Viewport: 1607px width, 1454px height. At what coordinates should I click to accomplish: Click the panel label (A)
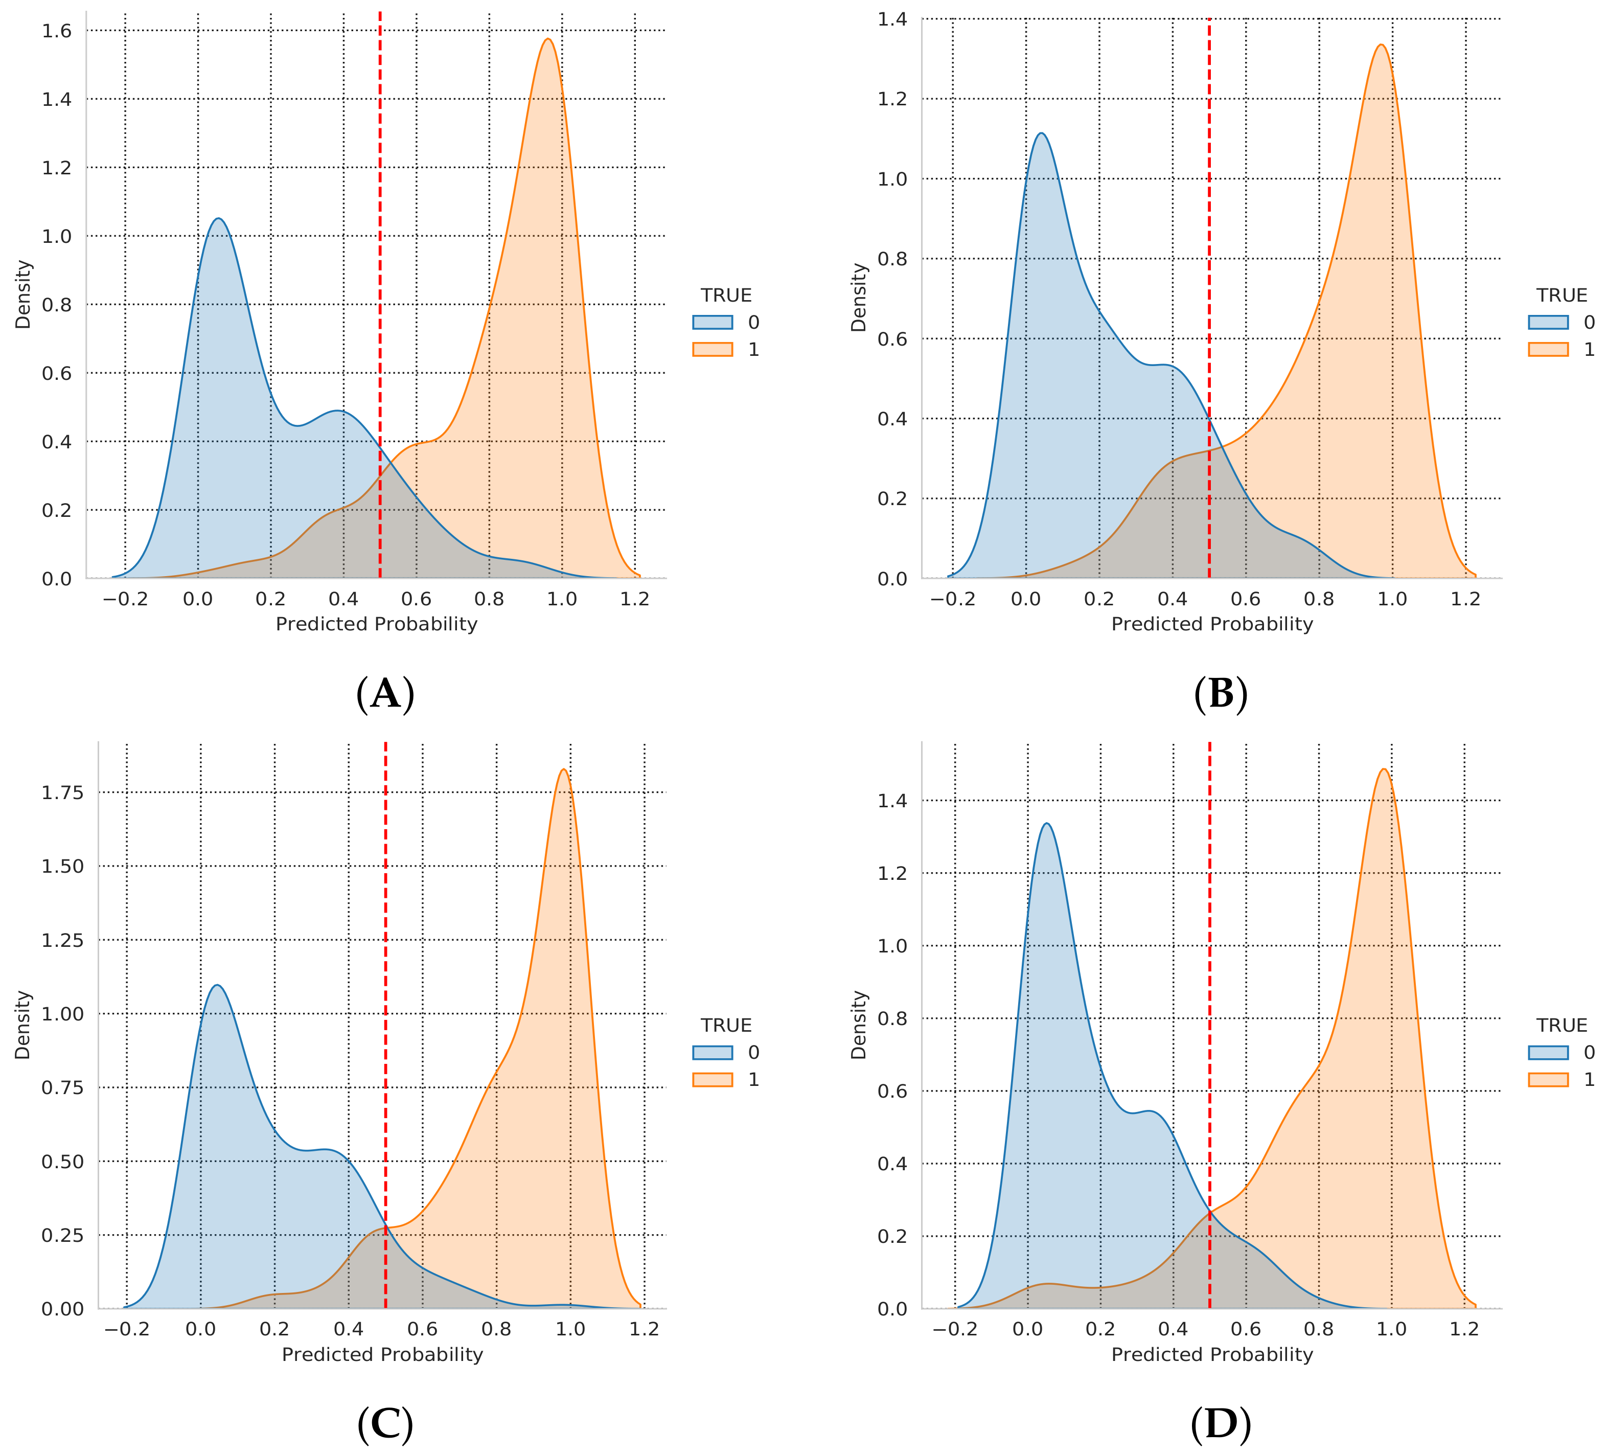[x=385, y=694]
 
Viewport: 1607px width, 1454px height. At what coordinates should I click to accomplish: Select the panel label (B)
[x=1221, y=694]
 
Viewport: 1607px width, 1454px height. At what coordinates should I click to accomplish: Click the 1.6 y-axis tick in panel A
[x=57, y=31]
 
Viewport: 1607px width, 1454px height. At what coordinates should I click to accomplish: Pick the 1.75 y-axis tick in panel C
[x=62, y=792]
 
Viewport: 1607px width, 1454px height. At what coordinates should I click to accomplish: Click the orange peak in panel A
[x=547, y=39]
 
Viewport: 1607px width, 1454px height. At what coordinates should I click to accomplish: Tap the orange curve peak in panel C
[x=564, y=769]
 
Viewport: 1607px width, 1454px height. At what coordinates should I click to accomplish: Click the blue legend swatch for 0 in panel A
[x=712, y=322]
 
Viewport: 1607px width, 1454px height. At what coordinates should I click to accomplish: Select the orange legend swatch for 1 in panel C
[x=712, y=1079]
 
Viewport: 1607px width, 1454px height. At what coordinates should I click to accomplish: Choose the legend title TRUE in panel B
[x=1562, y=296]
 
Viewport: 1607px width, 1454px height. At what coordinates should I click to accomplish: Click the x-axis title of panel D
[x=1211, y=1354]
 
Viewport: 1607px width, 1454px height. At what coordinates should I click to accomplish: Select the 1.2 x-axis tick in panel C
[x=644, y=1329]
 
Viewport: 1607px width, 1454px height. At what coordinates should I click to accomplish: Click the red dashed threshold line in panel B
[x=1209, y=239]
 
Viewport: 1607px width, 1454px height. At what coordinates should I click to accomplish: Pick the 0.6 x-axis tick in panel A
[x=416, y=599]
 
